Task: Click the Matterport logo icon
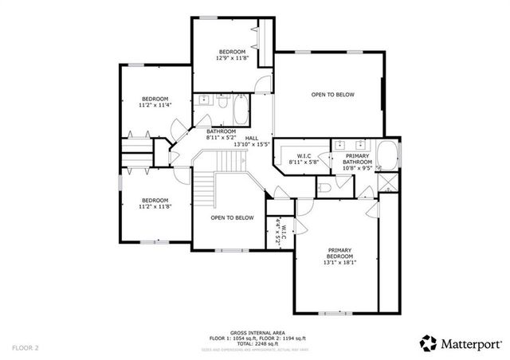pos(429,343)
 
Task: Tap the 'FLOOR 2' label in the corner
pos(25,348)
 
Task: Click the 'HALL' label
pos(252,138)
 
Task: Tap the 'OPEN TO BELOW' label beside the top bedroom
pos(332,95)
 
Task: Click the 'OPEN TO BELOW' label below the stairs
pos(232,217)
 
